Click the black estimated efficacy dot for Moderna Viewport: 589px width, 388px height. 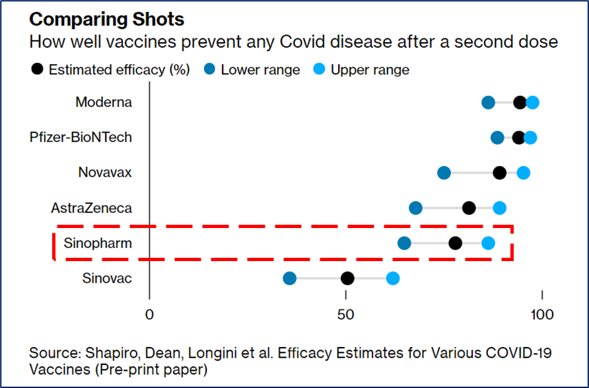point(520,102)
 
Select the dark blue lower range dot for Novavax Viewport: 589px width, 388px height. point(444,173)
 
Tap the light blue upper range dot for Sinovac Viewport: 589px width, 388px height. point(393,278)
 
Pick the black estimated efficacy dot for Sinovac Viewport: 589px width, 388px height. point(347,278)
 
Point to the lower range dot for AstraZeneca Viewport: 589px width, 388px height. point(415,208)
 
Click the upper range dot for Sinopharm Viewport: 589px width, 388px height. point(489,243)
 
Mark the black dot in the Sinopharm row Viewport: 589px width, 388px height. point(455,243)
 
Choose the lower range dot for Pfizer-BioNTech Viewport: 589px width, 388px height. point(497,137)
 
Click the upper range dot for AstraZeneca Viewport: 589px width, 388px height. point(500,208)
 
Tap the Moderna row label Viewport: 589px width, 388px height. point(104,102)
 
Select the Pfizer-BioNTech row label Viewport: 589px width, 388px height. point(81,137)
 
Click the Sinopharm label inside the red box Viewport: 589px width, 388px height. point(98,243)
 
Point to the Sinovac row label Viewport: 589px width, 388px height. point(107,278)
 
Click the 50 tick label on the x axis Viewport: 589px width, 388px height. point(345,315)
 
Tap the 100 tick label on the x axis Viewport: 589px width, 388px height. point(542,315)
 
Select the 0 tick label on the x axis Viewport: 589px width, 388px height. point(149,315)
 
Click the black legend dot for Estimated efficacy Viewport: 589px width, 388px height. point(37,69)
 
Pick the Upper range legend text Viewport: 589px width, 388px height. point(370,70)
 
